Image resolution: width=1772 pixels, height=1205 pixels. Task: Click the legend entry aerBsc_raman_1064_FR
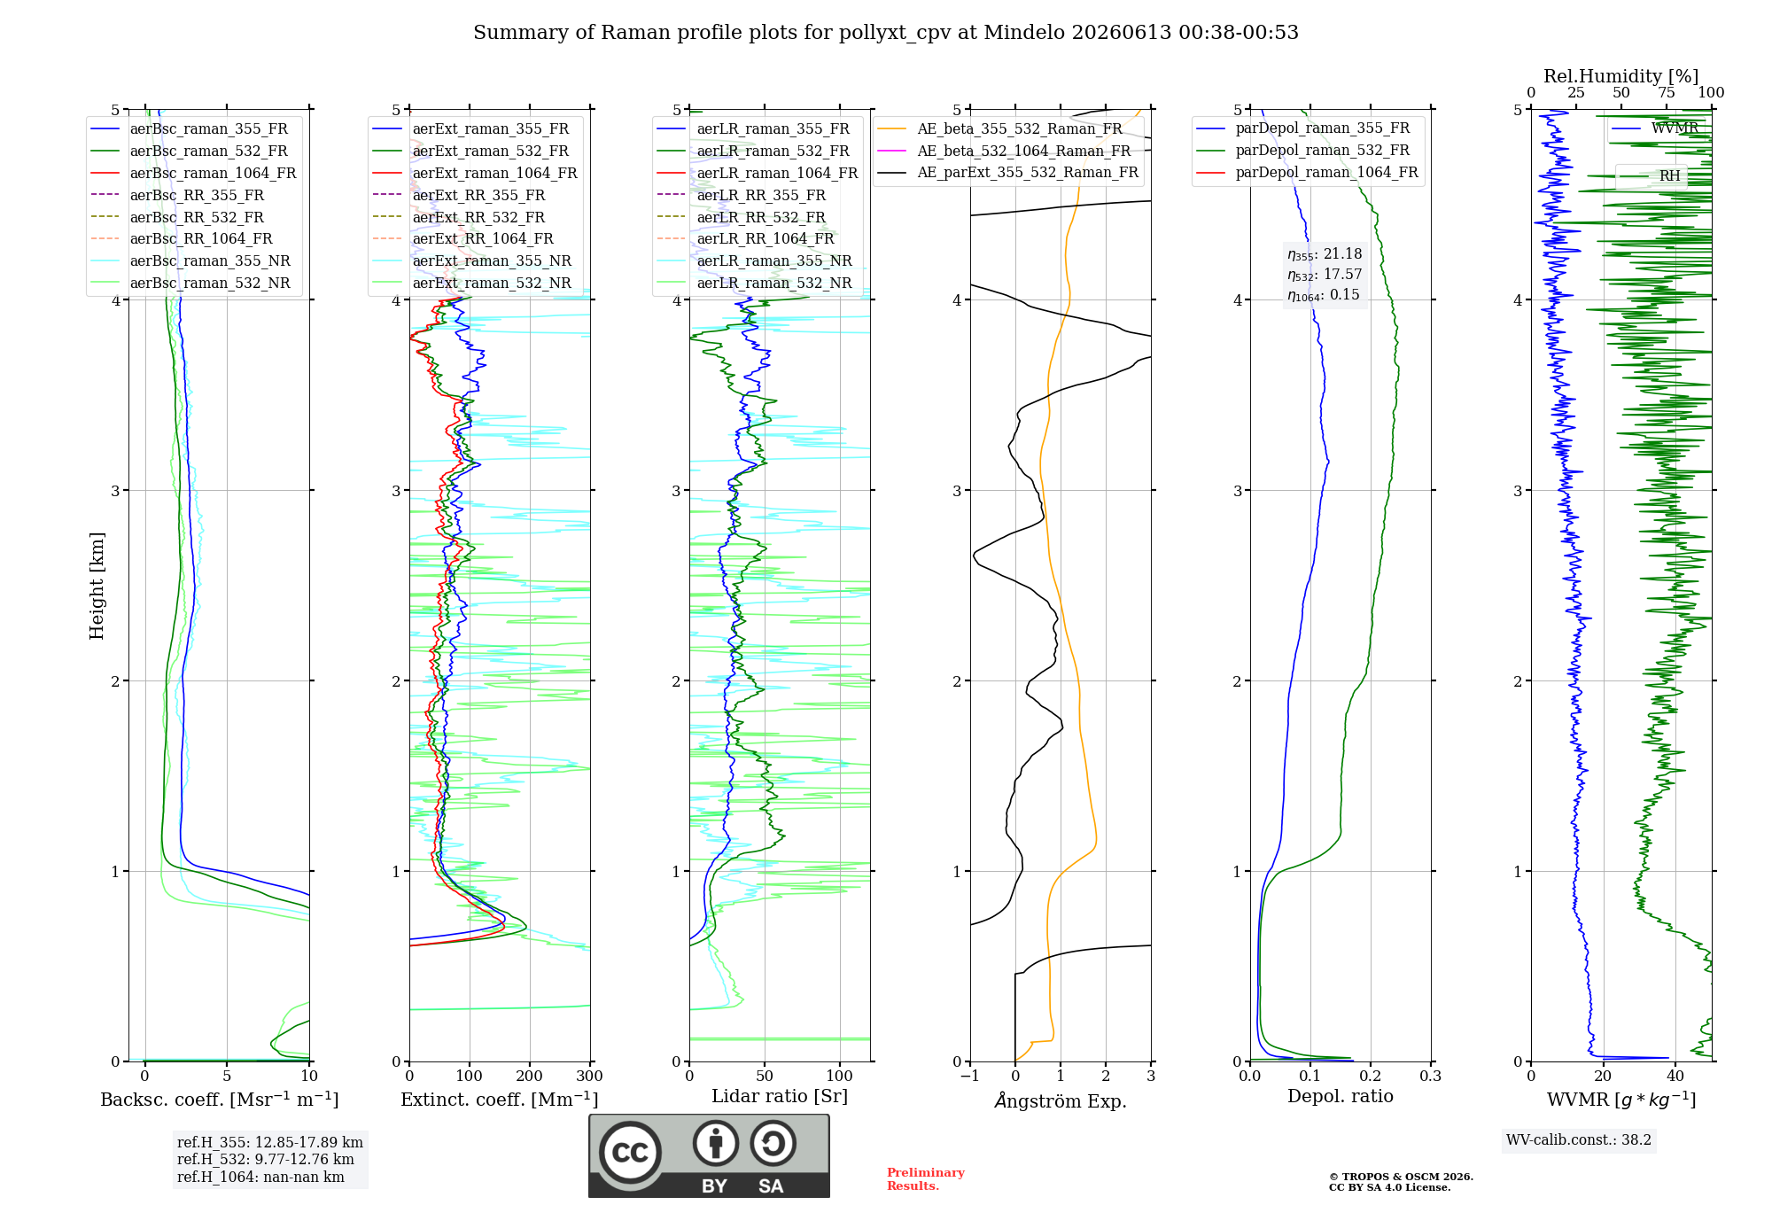pyautogui.click(x=193, y=173)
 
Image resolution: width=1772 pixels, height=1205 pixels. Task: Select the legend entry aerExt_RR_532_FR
pyautogui.click(x=459, y=217)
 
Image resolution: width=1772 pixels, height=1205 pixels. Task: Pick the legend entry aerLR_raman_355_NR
pyautogui.click(x=754, y=260)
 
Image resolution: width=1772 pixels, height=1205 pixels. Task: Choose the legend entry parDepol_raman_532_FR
pyautogui.click(x=1303, y=150)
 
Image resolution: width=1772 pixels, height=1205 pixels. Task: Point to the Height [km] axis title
pyautogui.click(x=97, y=586)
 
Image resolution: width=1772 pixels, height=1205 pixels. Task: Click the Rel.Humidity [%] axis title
pyautogui.click(x=1621, y=76)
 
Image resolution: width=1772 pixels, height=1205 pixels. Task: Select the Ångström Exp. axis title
pyautogui.click(x=1061, y=1100)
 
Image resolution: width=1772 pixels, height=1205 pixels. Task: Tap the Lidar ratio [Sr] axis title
pyautogui.click(x=780, y=1096)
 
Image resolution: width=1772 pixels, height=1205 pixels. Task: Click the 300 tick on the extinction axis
pyautogui.click(x=590, y=1076)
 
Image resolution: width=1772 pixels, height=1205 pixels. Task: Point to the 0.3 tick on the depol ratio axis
pyautogui.click(x=1431, y=1076)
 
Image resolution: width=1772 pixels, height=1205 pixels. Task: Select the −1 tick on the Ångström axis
pyautogui.click(x=970, y=1076)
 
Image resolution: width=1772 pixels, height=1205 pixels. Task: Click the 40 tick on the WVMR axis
pyautogui.click(x=1675, y=1076)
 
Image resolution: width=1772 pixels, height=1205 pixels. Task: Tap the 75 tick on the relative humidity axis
pyautogui.click(x=1667, y=92)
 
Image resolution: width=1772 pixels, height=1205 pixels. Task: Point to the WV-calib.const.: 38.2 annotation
pyautogui.click(x=1579, y=1139)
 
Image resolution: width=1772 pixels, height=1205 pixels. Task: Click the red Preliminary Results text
pyautogui.click(x=926, y=1179)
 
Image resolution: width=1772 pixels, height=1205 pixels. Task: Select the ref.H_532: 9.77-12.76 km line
pyautogui.click(x=266, y=1159)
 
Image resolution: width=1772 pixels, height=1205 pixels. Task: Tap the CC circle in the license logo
pyautogui.click(x=630, y=1152)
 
